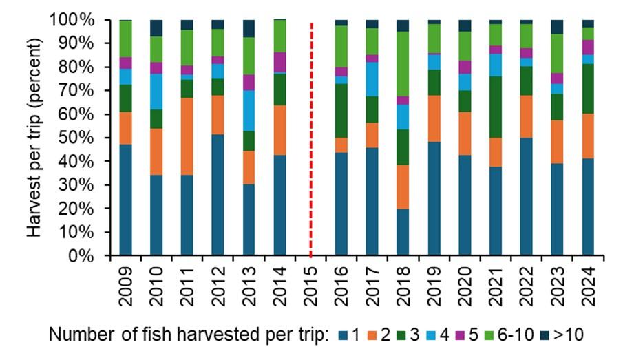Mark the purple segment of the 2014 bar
click(279, 62)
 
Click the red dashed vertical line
click(311, 138)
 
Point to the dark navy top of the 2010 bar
click(156, 28)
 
